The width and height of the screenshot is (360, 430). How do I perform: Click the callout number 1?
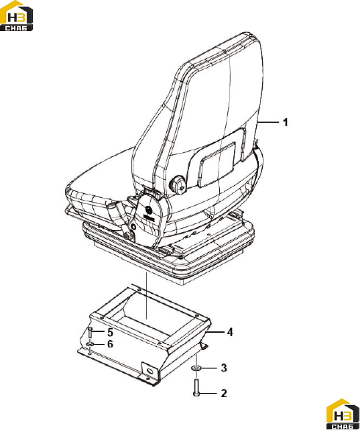click(x=285, y=122)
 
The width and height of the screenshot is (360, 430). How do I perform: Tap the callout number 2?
click(x=224, y=393)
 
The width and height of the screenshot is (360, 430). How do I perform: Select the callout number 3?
click(x=224, y=368)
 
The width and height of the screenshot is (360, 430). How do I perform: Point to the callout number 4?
click(x=230, y=332)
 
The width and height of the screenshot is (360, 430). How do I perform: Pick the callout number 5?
click(x=110, y=332)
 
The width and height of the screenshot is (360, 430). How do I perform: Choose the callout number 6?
click(x=110, y=344)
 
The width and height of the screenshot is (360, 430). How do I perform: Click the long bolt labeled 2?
click(x=196, y=387)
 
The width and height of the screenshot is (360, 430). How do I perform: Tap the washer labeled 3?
click(x=196, y=368)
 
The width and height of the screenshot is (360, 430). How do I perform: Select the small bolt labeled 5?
click(x=90, y=333)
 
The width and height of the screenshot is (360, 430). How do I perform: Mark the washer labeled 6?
click(x=90, y=344)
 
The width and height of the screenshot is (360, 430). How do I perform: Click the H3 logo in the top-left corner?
click(x=17, y=15)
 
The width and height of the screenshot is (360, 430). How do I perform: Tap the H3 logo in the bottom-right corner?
click(x=343, y=414)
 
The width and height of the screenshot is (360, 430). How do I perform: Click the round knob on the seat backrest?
click(x=178, y=183)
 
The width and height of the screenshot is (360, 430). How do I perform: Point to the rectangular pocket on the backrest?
click(x=217, y=164)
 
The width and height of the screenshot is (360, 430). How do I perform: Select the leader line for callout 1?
click(x=268, y=121)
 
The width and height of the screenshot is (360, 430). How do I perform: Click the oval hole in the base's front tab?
click(x=150, y=372)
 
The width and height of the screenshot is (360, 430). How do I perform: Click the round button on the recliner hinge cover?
click(x=149, y=210)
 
